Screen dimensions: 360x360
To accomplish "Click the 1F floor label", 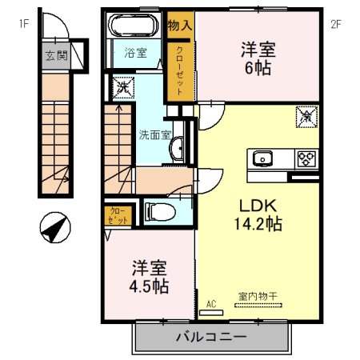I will (x=25, y=23).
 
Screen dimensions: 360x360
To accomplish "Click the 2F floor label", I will (x=336, y=23).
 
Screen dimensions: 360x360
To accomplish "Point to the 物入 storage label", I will (x=179, y=26).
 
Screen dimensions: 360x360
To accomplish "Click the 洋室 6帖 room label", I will (x=257, y=58).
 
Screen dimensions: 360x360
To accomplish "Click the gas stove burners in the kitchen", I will (x=305, y=158).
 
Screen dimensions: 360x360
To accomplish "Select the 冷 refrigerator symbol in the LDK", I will (x=306, y=117).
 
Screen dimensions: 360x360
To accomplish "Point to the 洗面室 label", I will (x=154, y=134).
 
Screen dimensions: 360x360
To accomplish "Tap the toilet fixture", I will (x=158, y=212).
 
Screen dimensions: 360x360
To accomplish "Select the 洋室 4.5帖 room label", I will (x=149, y=274).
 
